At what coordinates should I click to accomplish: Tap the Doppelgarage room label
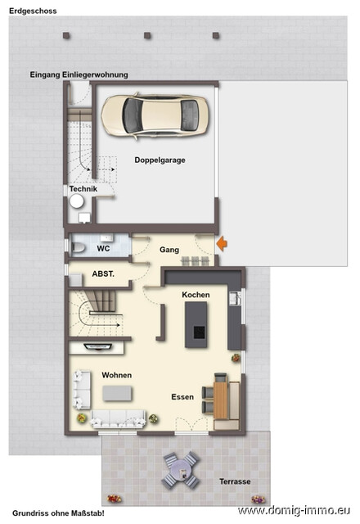pyautogui.click(x=160, y=160)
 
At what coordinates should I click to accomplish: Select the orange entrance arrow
pyautogui.click(x=220, y=242)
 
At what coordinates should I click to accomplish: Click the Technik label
pyautogui.click(x=83, y=189)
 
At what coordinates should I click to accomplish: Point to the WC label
pyautogui.click(x=103, y=247)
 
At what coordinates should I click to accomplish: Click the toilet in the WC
pyautogui.click(x=79, y=246)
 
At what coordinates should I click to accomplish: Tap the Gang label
pyautogui.click(x=169, y=250)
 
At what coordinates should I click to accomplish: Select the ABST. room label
pyautogui.click(x=92, y=275)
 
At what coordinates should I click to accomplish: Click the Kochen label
pyautogui.click(x=196, y=295)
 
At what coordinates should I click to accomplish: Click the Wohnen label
pyautogui.click(x=117, y=375)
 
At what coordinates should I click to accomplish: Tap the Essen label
pyautogui.click(x=182, y=396)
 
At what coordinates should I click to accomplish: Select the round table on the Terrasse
pyautogui.click(x=180, y=468)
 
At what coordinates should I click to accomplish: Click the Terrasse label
pyautogui.click(x=234, y=481)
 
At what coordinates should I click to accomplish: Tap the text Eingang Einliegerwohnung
pyautogui.click(x=79, y=75)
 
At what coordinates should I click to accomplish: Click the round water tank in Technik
pyautogui.click(x=78, y=201)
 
